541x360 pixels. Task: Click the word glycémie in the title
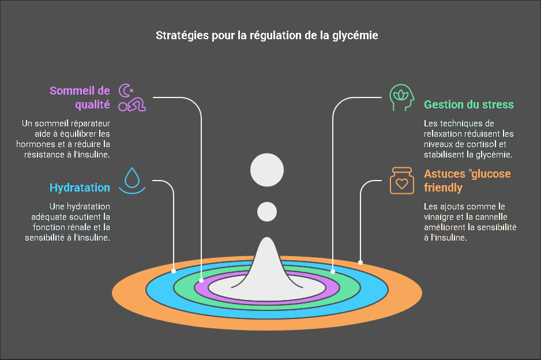coord(357,36)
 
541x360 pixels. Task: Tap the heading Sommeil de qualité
coord(80,97)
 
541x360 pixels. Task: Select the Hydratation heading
coord(80,187)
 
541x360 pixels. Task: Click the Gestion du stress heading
coord(468,104)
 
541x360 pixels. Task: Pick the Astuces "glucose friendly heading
coord(467,181)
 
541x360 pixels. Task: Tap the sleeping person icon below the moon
coord(133,105)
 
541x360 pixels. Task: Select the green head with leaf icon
coord(401,97)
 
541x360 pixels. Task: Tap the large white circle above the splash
coord(266,171)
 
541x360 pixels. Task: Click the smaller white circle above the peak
coord(267,212)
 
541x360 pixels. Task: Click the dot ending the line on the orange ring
coord(360,262)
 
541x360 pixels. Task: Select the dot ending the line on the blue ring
coord(174,270)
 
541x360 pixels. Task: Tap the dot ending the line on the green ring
coord(332,270)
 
